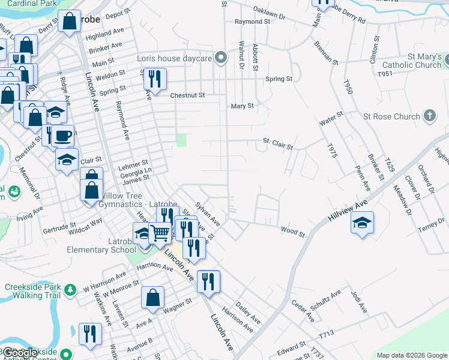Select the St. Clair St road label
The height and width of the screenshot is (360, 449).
pos(278,144)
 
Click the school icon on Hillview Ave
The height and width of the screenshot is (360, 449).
pos(362,223)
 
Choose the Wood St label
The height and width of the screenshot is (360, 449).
pos(293,229)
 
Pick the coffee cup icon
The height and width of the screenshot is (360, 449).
pos(62,136)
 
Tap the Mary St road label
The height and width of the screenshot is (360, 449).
pos(243,106)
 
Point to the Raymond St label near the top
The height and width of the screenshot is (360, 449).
pos(252,22)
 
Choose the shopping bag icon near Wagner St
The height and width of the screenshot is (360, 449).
pos(153,298)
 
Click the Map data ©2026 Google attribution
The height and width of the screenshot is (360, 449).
pos(411,355)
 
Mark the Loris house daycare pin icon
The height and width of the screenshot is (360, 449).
pos(221,58)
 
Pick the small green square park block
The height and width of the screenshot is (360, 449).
pos(181,140)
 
